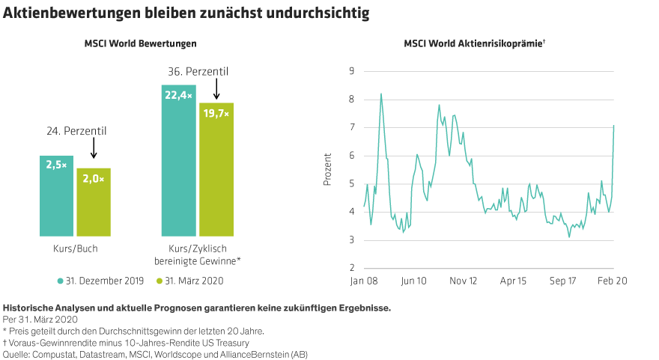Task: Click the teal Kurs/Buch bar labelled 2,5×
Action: pos(56,196)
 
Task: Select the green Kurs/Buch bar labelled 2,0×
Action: pos(94,202)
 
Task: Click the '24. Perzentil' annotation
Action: pos(76,131)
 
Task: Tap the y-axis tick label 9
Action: pos(350,72)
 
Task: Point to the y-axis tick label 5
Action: pos(350,184)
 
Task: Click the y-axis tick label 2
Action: pos(350,268)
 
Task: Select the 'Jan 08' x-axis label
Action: pos(364,281)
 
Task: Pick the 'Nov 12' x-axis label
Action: pos(463,281)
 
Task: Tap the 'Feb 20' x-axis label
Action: pos(612,281)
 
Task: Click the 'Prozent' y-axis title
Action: pos(327,170)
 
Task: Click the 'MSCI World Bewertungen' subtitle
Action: pos(140,44)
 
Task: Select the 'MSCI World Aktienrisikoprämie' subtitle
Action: pos(474,44)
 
